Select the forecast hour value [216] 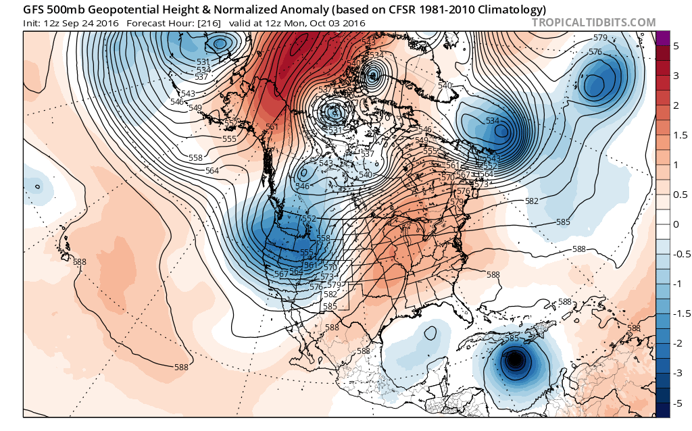coord(207,23)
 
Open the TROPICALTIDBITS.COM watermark coord(593,23)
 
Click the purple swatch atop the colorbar coord(663,38)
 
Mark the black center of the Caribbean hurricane coord(515,361)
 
